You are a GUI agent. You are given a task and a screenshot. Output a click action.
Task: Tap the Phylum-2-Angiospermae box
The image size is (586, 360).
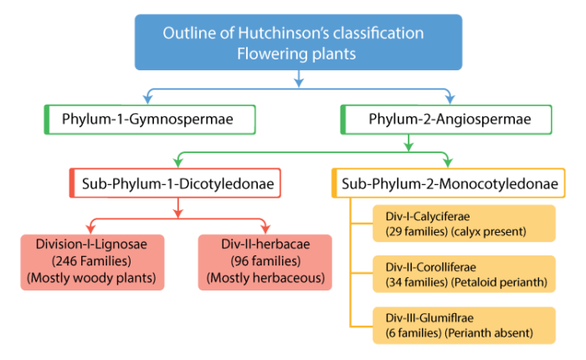(449, 120)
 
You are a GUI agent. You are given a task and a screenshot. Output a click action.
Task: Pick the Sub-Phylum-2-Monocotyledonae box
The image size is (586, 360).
(448, 183)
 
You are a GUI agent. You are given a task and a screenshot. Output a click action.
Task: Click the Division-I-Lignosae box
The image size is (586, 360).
(92, 262)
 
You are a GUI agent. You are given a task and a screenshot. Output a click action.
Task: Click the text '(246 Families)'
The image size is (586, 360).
(92, 262)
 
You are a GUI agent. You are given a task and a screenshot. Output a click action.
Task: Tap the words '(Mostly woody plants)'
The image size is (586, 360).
(92, 278)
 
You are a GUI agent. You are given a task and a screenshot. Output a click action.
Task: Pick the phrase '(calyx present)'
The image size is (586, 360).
(497, 231)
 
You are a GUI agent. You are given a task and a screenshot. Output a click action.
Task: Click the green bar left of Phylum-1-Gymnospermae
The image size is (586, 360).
(47, 120)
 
